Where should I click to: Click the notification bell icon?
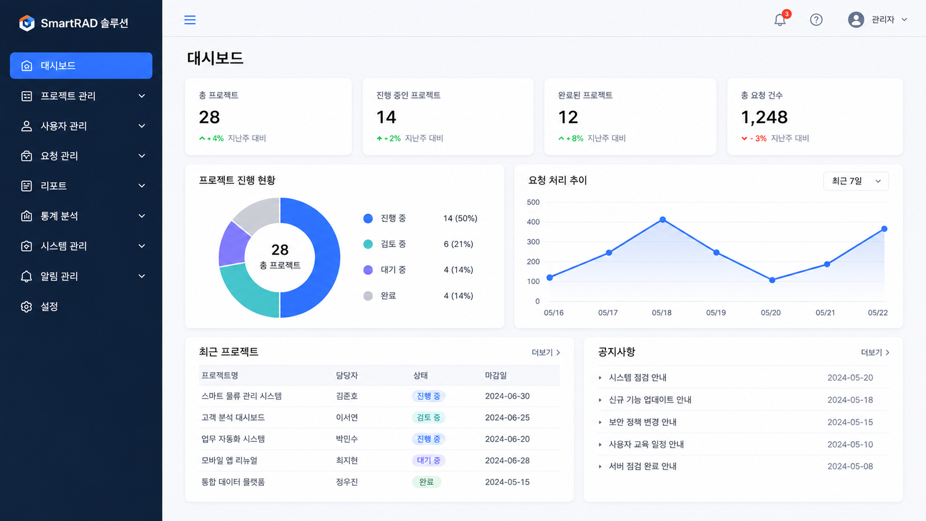pos(780,20)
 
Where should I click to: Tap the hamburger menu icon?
pos(190,20)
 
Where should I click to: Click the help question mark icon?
pos(816,20)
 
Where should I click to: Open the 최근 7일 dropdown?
pos(856,181)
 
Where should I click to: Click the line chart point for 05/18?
pos(663,219)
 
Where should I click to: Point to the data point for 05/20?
pos(772,280)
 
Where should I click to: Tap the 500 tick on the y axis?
pos(533,203)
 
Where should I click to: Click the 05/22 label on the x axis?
pos(878,313)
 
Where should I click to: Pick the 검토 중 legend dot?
pos(368,244)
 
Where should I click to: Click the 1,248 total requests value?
pos(764,117)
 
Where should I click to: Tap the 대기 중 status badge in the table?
pos(428,460)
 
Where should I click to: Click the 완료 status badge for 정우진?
pos(426,482)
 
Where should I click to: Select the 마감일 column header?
pos(496,375)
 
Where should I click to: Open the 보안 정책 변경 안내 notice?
pos(642,422)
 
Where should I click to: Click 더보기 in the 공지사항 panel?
pos(874,353)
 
